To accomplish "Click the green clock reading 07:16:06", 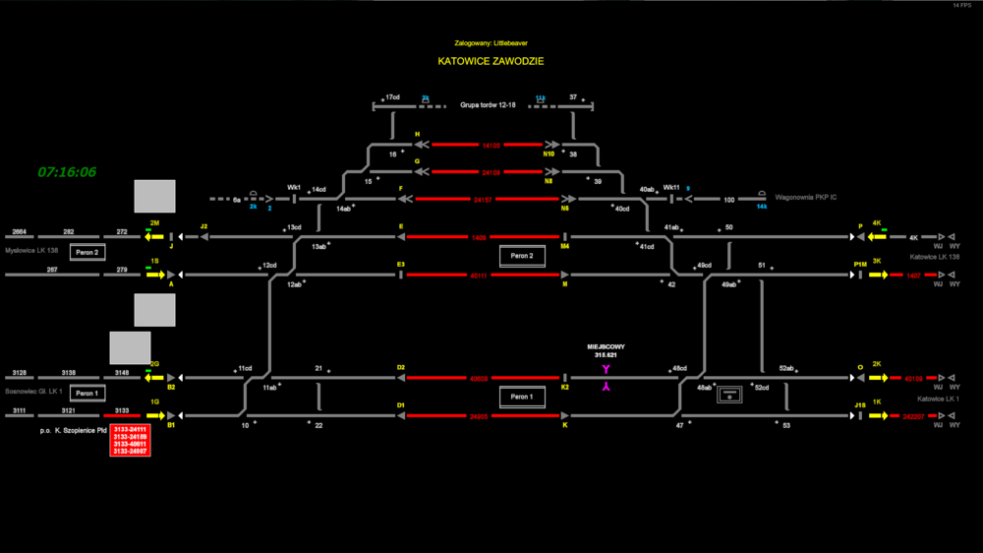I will point(67,172).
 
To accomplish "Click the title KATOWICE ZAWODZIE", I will point(491,61).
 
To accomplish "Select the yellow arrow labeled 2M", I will point(154,236).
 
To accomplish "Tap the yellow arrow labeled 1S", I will point(154,275).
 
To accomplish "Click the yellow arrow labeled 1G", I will point(154,415).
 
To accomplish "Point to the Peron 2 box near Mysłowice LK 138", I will point(87,253).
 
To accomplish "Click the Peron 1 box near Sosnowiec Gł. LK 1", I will point(87,394).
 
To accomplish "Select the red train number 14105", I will point(491,145).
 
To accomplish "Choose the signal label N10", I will point(549,154).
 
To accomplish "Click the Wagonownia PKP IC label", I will point(805,198).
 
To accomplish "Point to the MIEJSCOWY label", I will point(606,346).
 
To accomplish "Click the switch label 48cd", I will point(679,369).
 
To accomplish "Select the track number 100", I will point(728,200).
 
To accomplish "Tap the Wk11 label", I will point(670,187).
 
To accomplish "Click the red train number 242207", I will point(914,416).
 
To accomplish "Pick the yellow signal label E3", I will point(400,265).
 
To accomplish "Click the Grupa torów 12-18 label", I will point(487,105).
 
